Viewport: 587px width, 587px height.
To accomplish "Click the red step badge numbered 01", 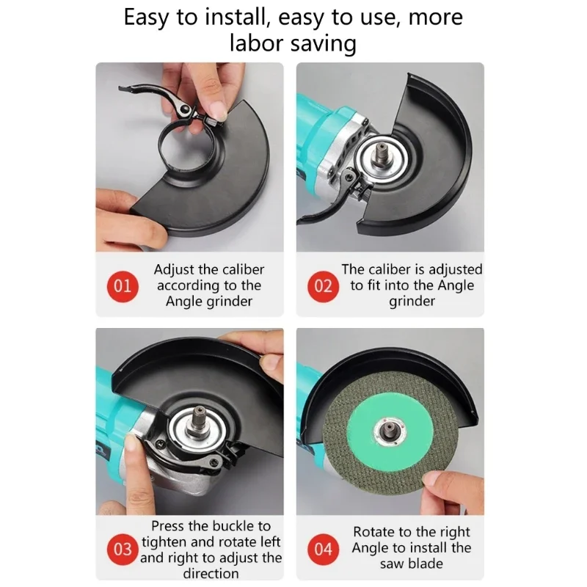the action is [123, 286].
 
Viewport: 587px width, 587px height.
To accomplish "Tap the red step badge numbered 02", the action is [323, 286].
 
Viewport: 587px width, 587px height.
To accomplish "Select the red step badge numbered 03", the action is [123, 549].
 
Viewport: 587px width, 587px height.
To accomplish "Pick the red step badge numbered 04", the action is [323, 549].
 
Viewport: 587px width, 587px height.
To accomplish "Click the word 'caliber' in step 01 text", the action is [244, 269].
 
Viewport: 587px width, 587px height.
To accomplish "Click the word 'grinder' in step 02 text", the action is [412, 302].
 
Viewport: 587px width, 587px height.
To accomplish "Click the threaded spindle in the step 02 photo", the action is [381, 154].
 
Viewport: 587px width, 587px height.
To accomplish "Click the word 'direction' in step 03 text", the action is [211, 573].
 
